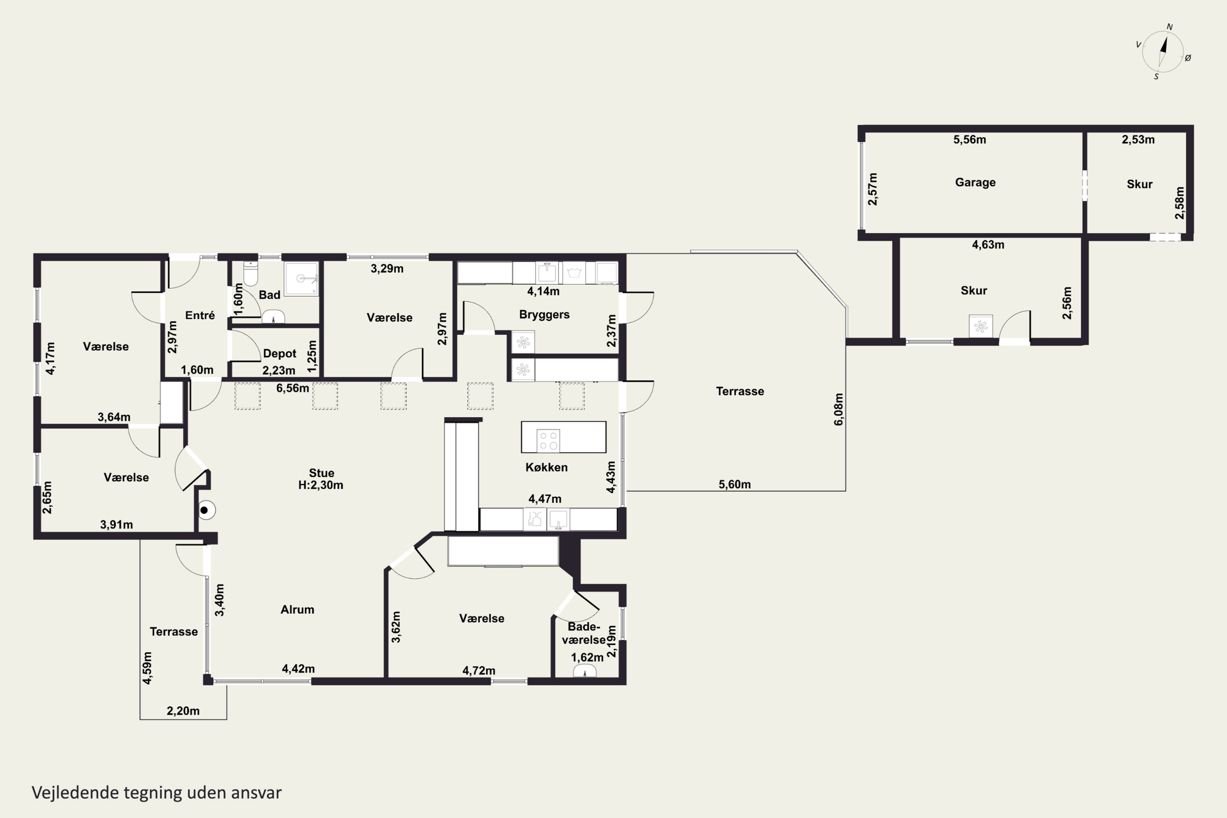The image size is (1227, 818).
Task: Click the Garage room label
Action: tap(975, 182)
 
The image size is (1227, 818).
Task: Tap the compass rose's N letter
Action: tap(1169, 27)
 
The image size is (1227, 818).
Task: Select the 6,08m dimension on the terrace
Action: tap(838, 409)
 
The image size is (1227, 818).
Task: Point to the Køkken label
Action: tap(546, 467)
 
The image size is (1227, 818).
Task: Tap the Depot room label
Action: tap(280, 354)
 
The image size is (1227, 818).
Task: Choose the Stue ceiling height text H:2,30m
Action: tap(321, 485)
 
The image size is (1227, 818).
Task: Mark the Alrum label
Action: tap(297, 610)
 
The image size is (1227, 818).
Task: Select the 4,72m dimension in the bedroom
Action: tap(479, 670)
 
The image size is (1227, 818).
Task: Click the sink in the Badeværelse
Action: tap(585, 672)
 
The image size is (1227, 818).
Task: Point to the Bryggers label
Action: tap(544, 315)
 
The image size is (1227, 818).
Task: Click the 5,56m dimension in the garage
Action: tap(970, 139)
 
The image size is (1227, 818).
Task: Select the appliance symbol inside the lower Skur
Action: tap(981, 326)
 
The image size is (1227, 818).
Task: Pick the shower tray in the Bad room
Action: tap(301, 279)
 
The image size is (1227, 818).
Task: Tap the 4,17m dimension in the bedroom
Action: tap(50, 358)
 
